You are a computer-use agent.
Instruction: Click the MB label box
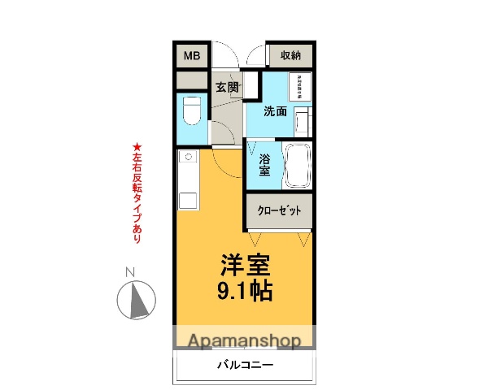(x=191, y=55)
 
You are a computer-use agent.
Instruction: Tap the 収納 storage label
(x=290, y=55)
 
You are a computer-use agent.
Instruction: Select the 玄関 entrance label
(x=228, y=87)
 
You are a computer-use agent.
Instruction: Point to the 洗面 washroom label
(x=275, y=111)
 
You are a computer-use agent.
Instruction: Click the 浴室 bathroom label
(x=264, y=165)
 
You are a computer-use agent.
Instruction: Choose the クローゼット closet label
(x=280, y=210)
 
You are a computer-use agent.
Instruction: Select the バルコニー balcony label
(x=245, y=365)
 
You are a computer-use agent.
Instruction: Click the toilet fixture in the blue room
(x=192, y=111)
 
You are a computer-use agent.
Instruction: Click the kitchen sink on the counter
(x=188, y=157)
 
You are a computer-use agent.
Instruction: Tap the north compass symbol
(x=136, y=300)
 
